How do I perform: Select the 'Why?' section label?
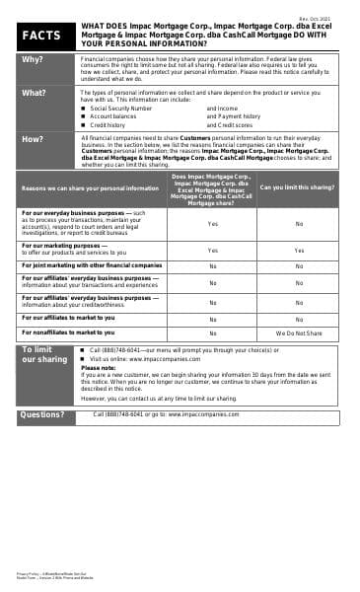point(33,59)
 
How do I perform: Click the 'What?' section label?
point(34,93)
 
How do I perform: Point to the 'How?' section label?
point(33,139)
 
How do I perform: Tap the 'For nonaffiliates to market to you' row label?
point(68,333)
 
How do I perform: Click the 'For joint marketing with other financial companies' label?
point(92,265)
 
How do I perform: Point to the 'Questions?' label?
point(42,415)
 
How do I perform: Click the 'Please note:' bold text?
point(98,367)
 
